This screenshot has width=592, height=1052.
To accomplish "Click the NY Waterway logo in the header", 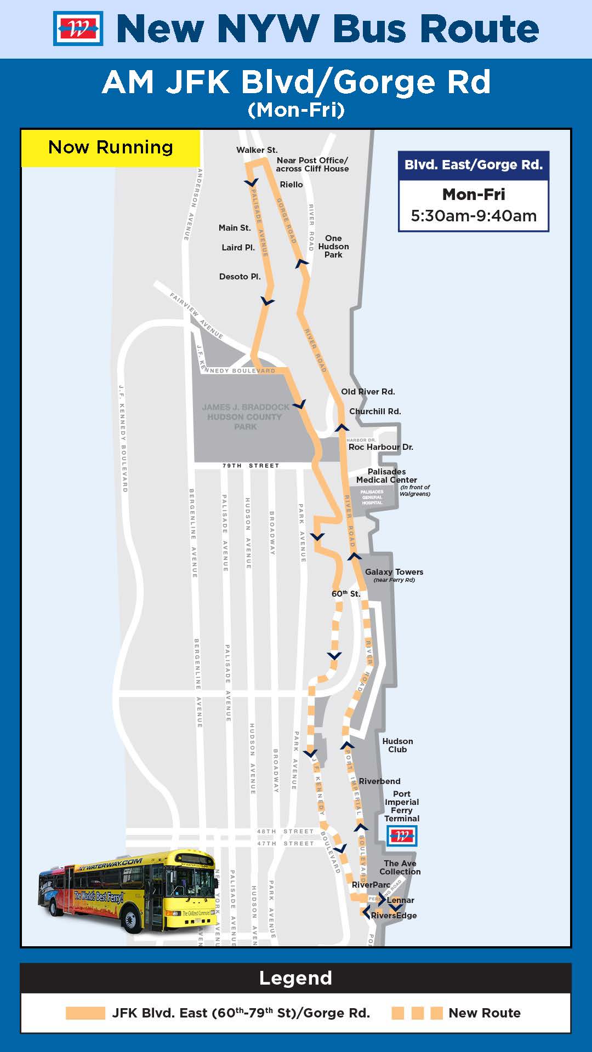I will coord(78,28).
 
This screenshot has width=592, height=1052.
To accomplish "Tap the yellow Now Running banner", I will coord(110,147).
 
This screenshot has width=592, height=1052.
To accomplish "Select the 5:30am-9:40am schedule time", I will coord(474,216).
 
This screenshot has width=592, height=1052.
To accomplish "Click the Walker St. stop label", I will coord(257,150).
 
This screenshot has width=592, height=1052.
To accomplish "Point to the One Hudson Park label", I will coord(333,247).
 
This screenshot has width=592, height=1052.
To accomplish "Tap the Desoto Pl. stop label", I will coord(240,277).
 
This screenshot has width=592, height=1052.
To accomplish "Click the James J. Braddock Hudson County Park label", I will coord(245,417).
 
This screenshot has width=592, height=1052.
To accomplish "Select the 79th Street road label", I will coord(251,466).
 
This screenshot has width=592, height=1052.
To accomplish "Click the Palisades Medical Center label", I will coord(386,476).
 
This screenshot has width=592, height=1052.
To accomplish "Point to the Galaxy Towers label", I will coord(394,572).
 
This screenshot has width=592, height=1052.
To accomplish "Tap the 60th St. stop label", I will coord(346,594).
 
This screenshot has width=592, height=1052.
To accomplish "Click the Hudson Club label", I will coord(397,745).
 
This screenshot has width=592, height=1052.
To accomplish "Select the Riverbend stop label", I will coord(379,781).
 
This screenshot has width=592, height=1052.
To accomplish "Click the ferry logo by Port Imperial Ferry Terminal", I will coord(402,836).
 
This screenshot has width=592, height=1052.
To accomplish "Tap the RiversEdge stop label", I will coord(394,916).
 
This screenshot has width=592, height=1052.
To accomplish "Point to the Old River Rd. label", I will coord(368,392).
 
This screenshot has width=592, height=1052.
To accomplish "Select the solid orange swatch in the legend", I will coord(85,1013).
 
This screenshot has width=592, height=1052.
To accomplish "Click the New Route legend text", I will coord(484,1013).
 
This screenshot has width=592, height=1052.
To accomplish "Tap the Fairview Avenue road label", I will coord(196,316).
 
